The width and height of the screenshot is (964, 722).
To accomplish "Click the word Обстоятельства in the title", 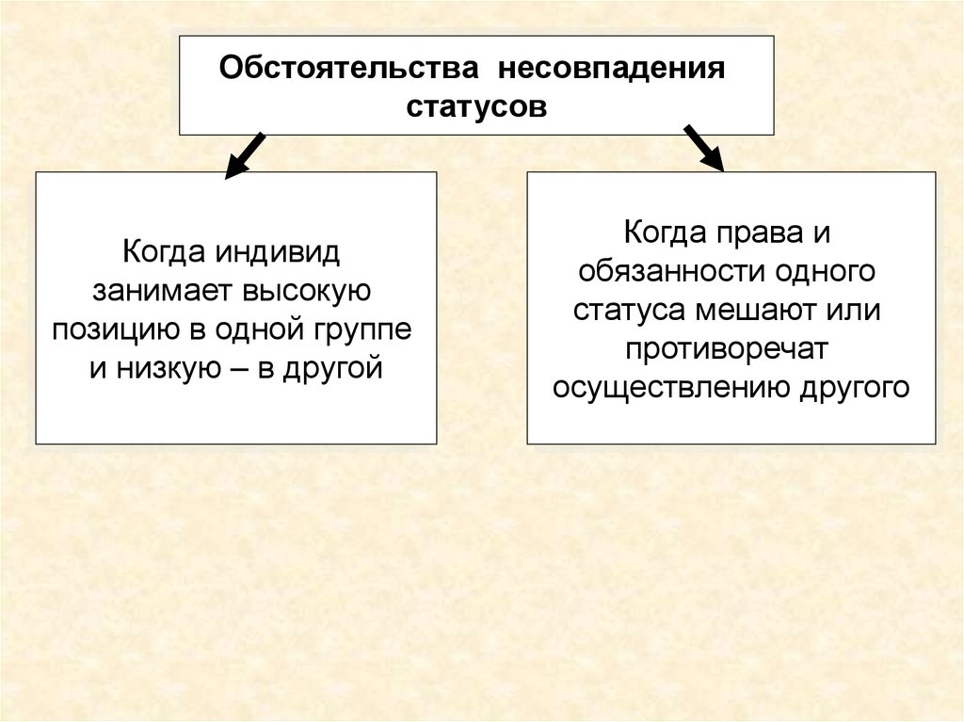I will coord(350,71).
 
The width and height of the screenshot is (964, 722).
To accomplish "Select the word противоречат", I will coord(731,349).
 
